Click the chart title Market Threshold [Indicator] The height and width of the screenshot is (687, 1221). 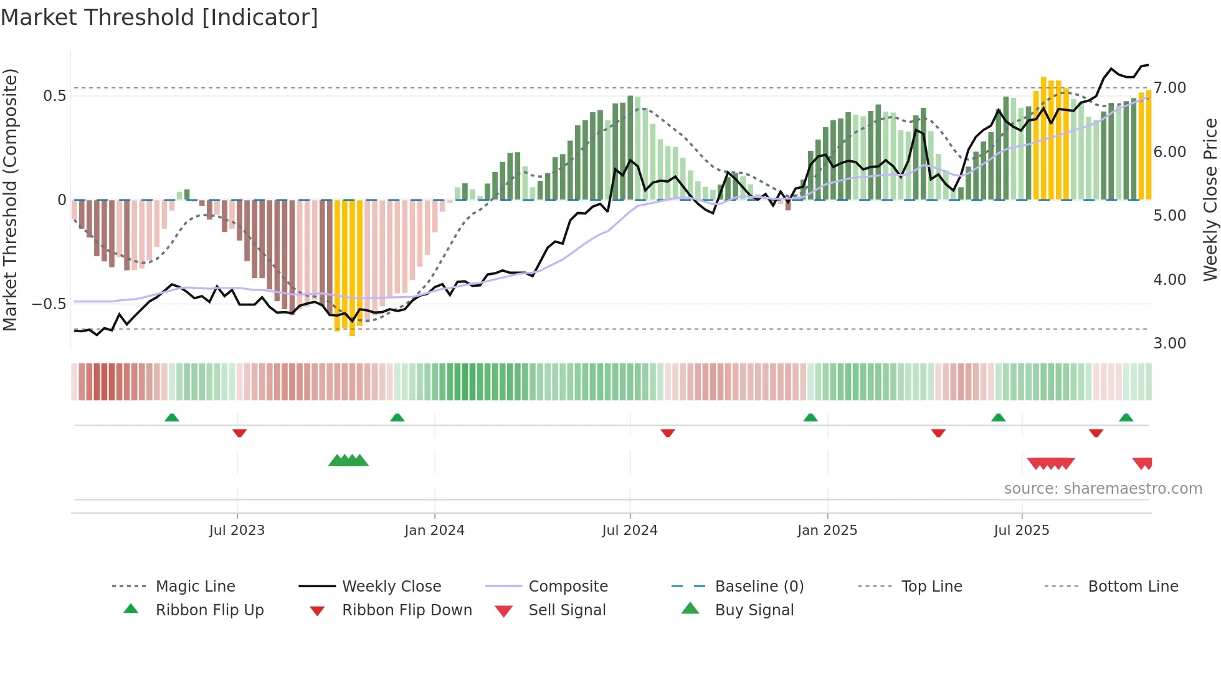159,17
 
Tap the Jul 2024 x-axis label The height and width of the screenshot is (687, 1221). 629,530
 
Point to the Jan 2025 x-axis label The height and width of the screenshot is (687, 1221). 827,530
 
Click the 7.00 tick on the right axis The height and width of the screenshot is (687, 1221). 1169,88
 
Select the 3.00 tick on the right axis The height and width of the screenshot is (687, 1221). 1169,343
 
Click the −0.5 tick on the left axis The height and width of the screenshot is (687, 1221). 49,304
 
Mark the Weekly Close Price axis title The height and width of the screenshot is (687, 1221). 1209,199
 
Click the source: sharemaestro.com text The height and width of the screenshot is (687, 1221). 1103,488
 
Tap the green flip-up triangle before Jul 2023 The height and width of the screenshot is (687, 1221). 172,417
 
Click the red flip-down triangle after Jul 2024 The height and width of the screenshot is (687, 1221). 667,433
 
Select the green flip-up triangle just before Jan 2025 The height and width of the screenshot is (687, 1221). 810,417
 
